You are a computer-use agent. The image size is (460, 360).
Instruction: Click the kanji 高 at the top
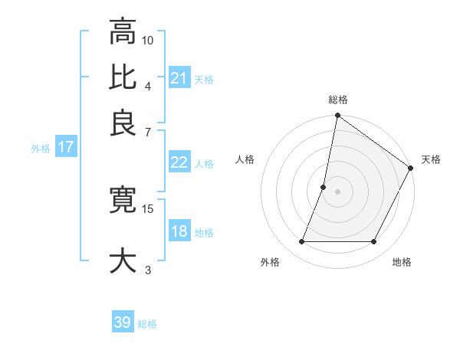[123, 32]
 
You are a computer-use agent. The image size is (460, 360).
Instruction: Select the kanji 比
[123, 77]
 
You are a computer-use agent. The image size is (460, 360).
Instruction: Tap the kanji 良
[123, 123]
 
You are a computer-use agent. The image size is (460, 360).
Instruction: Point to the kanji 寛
[123, 200]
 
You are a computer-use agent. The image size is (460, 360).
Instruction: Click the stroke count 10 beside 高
[148, 40]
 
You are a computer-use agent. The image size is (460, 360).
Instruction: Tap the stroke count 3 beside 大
[148, 269]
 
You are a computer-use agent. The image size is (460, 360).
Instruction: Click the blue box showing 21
[179, 78]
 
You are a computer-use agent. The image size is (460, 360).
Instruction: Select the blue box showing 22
[179, 162]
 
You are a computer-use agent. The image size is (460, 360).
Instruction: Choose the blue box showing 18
[179, 231]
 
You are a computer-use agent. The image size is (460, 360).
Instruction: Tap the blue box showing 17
[66, 148]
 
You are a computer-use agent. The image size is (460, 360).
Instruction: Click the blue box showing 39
[123, 322]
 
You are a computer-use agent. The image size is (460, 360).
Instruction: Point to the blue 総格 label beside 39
[147, 324]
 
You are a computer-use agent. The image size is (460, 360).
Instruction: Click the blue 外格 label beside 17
[41, 149]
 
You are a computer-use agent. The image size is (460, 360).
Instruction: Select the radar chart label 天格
[431, 159]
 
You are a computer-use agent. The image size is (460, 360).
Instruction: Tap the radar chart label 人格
[245, 159]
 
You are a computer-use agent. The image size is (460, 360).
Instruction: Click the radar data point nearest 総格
[337, 116]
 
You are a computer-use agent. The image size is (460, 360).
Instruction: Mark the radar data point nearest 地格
[374, 242]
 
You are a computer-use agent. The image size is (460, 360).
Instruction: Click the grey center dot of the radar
[337, 191]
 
